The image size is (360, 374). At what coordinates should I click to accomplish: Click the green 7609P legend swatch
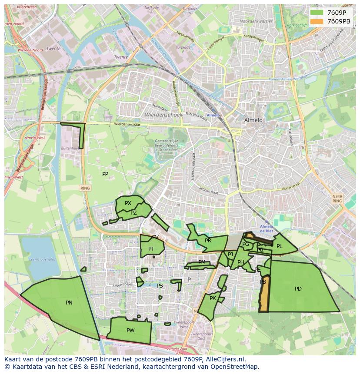[317, 13]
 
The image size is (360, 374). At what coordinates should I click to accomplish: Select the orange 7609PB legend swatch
[317, 21]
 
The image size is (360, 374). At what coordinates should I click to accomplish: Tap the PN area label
[69, 303]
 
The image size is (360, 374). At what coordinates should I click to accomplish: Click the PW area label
[130, 331]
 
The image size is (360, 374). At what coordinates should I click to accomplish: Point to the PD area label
[298, 289]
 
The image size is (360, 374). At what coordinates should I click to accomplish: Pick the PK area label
[213, 298]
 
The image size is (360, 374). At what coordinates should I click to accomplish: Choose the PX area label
[128, 203]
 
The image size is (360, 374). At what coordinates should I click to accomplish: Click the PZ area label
[133, 213]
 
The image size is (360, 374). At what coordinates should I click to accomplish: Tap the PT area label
[151, 249]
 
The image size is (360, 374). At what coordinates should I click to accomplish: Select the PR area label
[208, 241]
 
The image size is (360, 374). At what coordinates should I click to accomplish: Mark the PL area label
[280, 246]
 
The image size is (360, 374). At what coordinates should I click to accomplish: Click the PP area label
[105, 174]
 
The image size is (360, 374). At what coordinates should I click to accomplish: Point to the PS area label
[160, 286]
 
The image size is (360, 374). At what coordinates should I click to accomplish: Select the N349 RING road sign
[337, 199]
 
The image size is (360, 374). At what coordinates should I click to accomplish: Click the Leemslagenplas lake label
[42, 259]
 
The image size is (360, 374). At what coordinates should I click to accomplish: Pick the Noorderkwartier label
[256, 21]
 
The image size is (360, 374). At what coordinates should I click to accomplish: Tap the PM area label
[202, 262]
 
